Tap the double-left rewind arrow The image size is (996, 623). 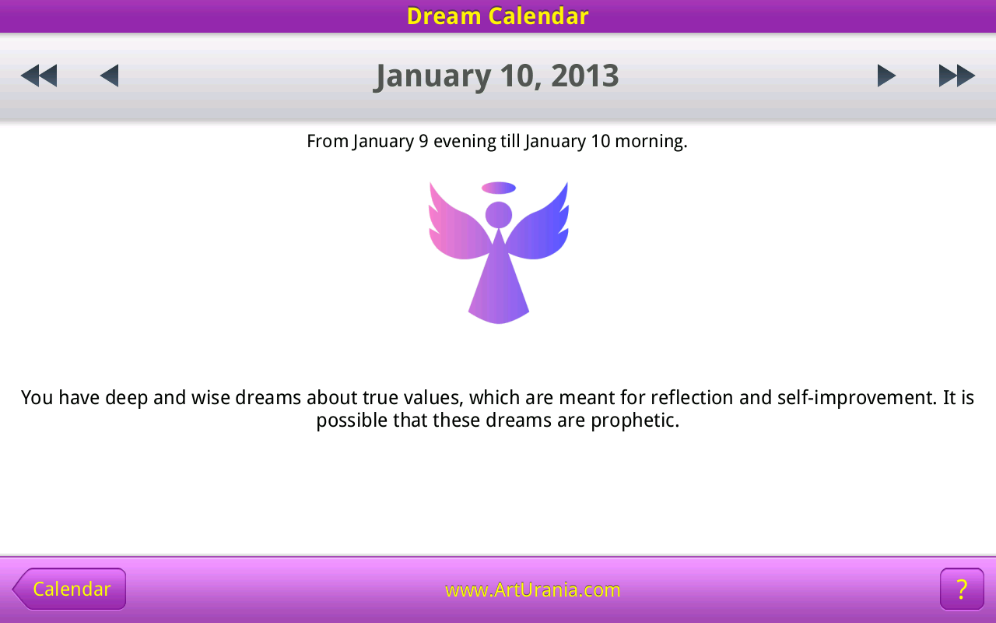pyautogui.click(x=39, y=76)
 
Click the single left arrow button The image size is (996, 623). pyautogui.click(x=110, y=76)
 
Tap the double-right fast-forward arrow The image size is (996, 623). pyautogui.click(x=957, y=76)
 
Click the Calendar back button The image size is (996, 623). pyautogui.click(x=69, y=589)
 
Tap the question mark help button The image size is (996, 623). pyautogui.click(x=962, y=589)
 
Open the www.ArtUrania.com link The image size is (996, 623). pyautogui.click(x=533, y=590)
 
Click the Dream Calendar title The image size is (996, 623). pyautogui.click(x=497, y=16)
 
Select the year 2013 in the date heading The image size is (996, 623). pyautogui.click(x=585, y=76)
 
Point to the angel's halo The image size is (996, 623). pyautogui.click(x=499, y=188)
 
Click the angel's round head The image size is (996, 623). pyautogui.click(x=499, y=215)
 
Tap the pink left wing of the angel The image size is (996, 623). pyautogui.click(x=458, y=227)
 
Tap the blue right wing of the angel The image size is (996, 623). pyautogui.click(x=539, y=227)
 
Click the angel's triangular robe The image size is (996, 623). pyautogui.click(x=499, y=285)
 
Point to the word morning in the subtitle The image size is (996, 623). pyautogui.click(x=651, y=142)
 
